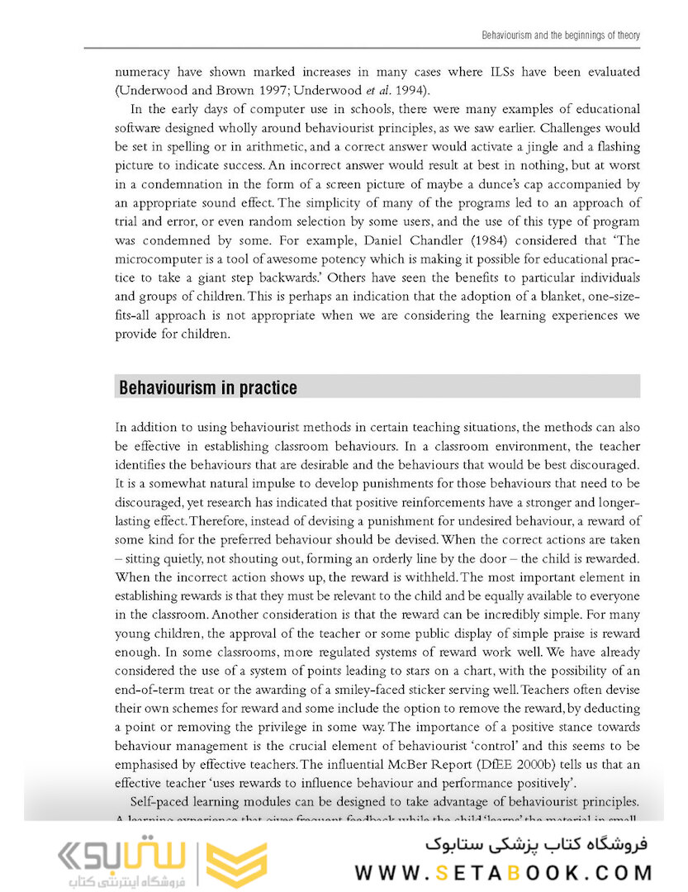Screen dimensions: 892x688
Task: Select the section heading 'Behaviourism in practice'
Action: tap(208, 387)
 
